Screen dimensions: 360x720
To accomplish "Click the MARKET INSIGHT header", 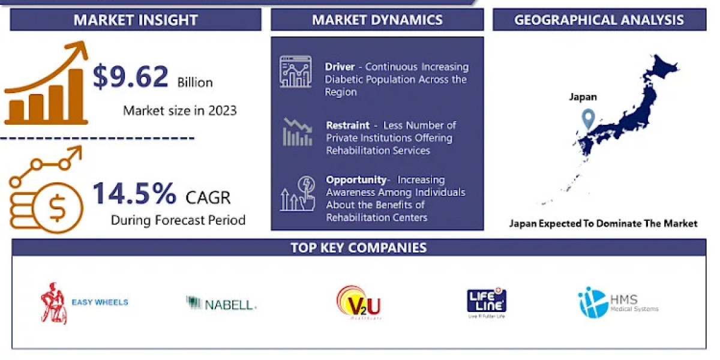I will pyautogui.click(x=136, y=20).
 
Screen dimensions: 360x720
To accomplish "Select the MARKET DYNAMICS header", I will pyautogui.click(x=377, y=20).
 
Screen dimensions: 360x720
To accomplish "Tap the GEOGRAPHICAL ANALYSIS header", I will pyautogui.click(x=599, y=20).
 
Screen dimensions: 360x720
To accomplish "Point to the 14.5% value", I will pyautogui.click(x=134, y=194).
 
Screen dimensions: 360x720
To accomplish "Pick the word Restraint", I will pyautogui.click(x=348, y=125).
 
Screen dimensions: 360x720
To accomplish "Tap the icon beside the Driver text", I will pyautogui.click(x=295, y=71).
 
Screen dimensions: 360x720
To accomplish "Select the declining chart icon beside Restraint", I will pyautogui.click(x=297, y=133).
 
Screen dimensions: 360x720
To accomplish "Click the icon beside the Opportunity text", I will pyautogui.click(x=296, y=193).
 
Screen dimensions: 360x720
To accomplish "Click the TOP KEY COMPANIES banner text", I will pyautogui.click(x=359, y=248).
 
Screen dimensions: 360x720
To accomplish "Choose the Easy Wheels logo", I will pyautogui.click(x=84, y=303).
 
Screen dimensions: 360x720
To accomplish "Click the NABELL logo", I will pyautogui.click(x=221, y=304).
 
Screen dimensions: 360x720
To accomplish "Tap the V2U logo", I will pyautogui.click(x=359, y=302).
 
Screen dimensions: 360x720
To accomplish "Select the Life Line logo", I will pyautogui.click(x=486, y=303).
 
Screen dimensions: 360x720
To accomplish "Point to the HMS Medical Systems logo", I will pyautogui.click(x=618, y=302).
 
